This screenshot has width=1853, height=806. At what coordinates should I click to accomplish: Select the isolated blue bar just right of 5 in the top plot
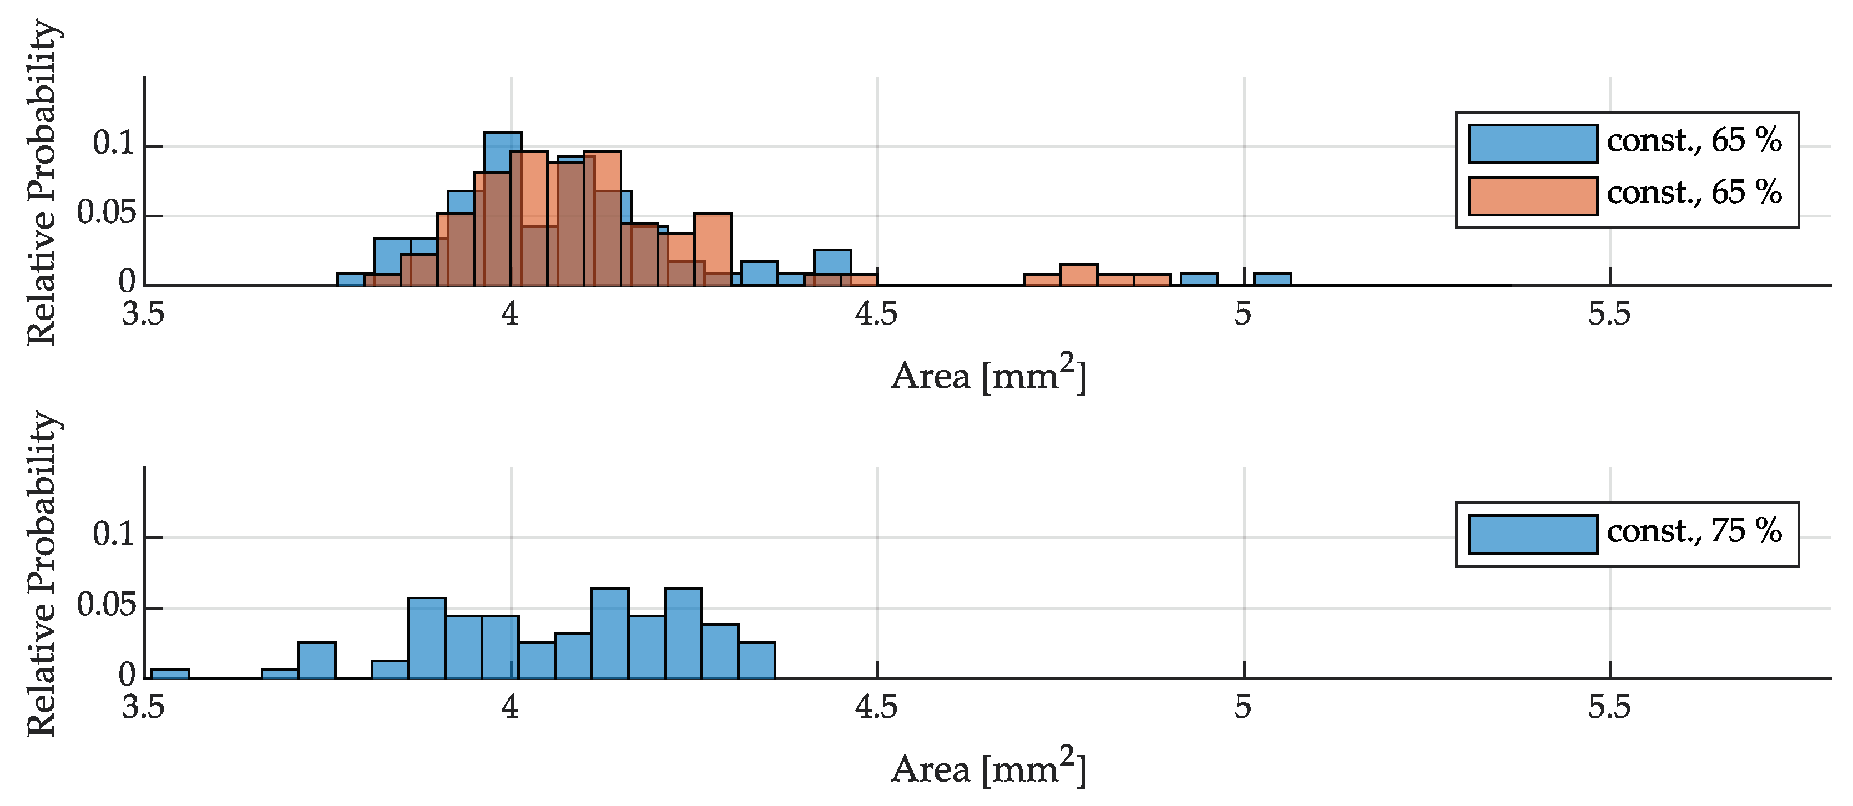pyautogui.click(x=1272, y=280)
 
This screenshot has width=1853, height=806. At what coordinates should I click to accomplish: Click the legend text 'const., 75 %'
pyautogui.click(x=1694, y=531)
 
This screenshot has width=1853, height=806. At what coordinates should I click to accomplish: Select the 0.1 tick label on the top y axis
pyautogui.click(x=114, y=144)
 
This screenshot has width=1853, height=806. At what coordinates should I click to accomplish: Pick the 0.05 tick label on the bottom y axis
pyautogui.click(x=106, y=605)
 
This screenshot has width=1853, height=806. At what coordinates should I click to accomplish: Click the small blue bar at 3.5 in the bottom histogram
pyautogui.click(x=170, y=674)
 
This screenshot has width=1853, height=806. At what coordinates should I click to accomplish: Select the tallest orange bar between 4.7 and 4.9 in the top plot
pyautogui.click(x=1078, y=275)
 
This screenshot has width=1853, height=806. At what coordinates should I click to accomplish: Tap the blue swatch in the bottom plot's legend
pyautogui.click(x=1532, y=534)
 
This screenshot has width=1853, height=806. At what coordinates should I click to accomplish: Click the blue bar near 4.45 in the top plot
pyautogui.click(x=832, y=262)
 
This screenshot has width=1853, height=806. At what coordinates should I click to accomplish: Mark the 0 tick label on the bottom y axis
pyautogui.click(x=127, y=675)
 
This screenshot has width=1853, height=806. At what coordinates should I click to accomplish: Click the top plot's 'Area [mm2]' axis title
pyautogui.click(x=988, y=376)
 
